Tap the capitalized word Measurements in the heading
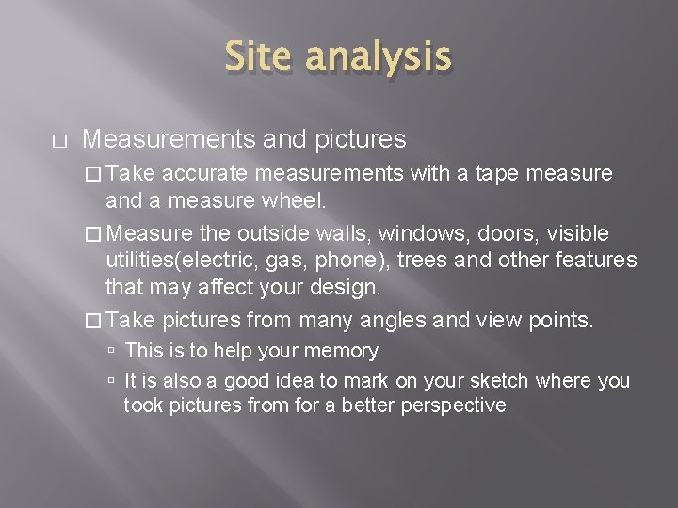(x=168, y=139)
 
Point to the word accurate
(x=205, y=173)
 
